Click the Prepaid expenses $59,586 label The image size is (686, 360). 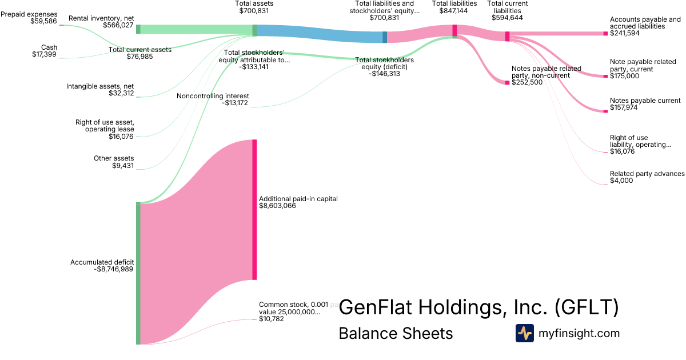(x=29, y=17)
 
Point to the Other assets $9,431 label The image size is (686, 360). (x=114, y=162)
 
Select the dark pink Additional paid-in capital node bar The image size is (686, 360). (x=254, y=209)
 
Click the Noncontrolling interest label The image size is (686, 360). (x=213, y=99)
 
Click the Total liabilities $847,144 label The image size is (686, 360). (x=454, y=7)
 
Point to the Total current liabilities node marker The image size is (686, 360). (x=507, y=36)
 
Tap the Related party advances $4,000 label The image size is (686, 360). (x=647, y=177)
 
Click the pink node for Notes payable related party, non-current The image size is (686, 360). (x=507, y=83)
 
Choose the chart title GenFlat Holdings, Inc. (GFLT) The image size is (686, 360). (x=478, y=307)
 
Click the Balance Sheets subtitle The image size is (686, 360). (x=396, y=333)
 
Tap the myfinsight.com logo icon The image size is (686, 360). (x=524, y=333)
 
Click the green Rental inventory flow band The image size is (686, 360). (x=194, y=30)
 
